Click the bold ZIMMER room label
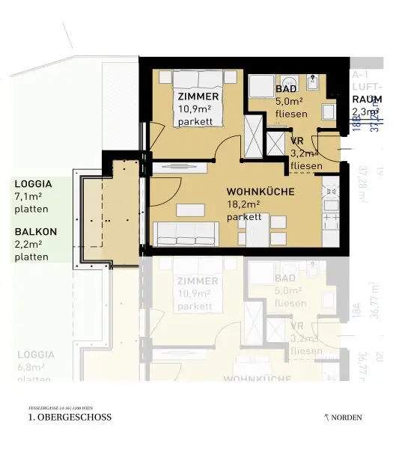198,97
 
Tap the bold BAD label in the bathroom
264,89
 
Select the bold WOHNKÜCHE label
260,191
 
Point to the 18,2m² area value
243,204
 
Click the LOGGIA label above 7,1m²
33,183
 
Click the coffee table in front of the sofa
189,209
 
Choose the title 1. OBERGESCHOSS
69,418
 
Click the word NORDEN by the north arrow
348,417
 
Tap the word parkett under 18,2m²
243,216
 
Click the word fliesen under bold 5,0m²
269,114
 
